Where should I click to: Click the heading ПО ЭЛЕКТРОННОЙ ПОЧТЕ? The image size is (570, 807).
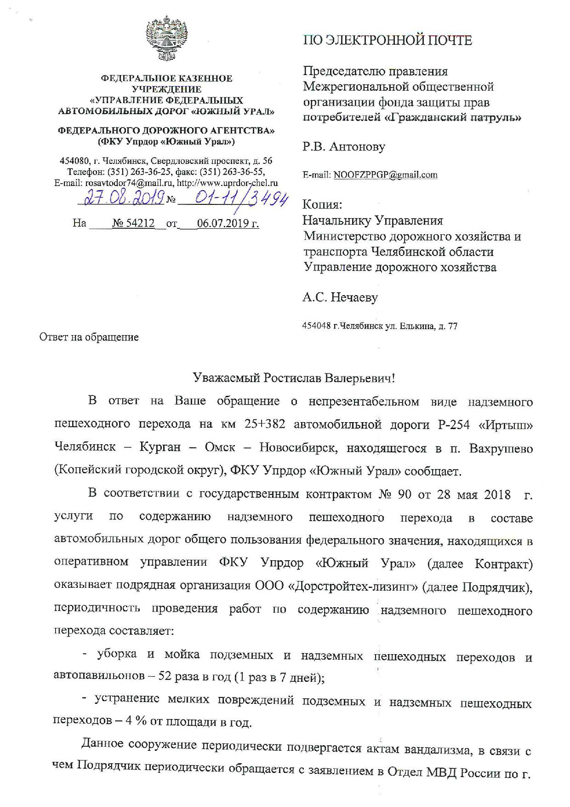(x=387, y=41)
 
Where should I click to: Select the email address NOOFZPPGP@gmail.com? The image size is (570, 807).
(x=385, y=175)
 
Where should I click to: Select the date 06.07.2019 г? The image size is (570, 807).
(x=228, y=224)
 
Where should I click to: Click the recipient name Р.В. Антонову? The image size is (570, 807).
(x=343, y=147)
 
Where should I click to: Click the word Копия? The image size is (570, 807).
(x=322, y=205)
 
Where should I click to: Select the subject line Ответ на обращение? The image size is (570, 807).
(x=89, y=337)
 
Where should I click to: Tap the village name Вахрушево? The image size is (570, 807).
(x=501, y=448)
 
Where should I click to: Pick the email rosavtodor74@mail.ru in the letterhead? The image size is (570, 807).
(x=121, y=183)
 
